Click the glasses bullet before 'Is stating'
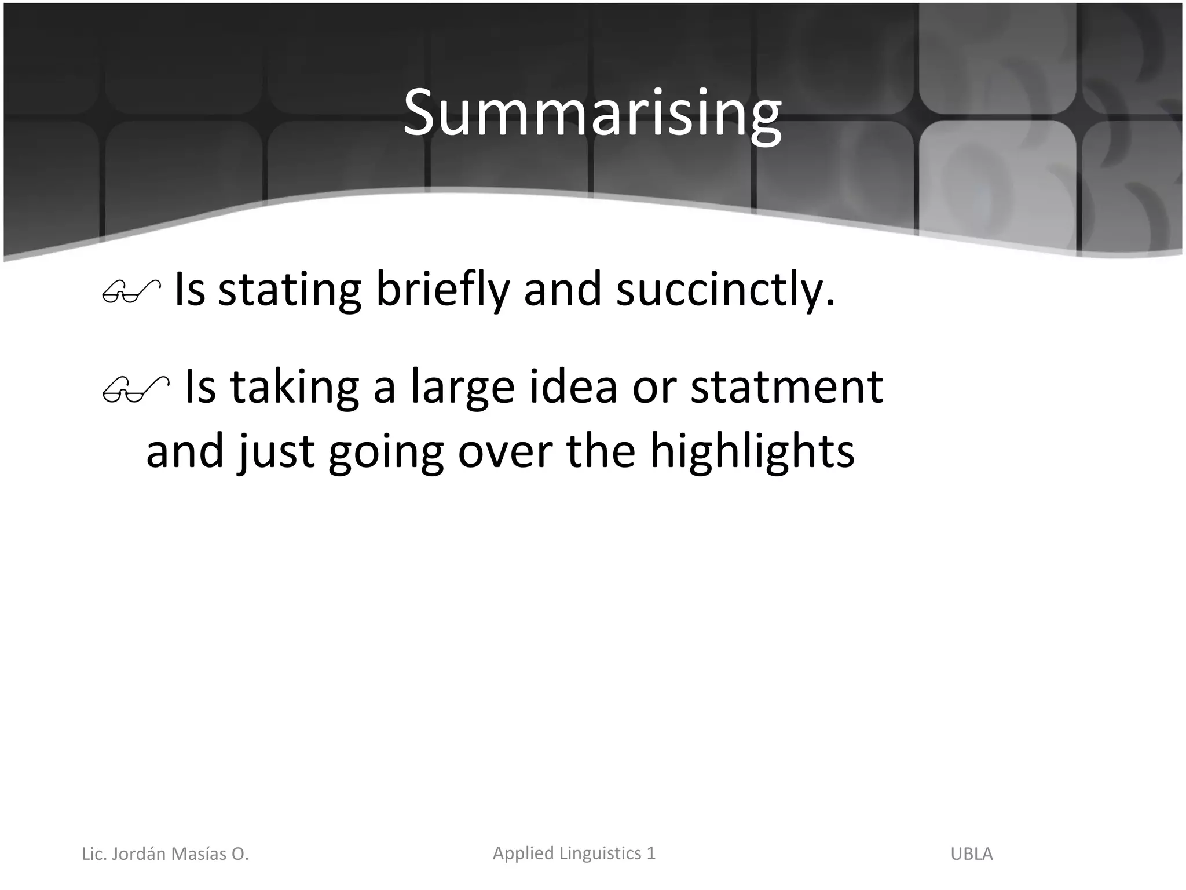point(131,291)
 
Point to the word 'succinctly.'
point(726,290)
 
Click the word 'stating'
point(290,290)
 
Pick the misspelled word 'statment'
point(786,387)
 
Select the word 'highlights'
point(752,452)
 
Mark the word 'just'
point(276,452)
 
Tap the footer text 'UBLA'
point(971,853)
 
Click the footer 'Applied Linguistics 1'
point(574,853)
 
